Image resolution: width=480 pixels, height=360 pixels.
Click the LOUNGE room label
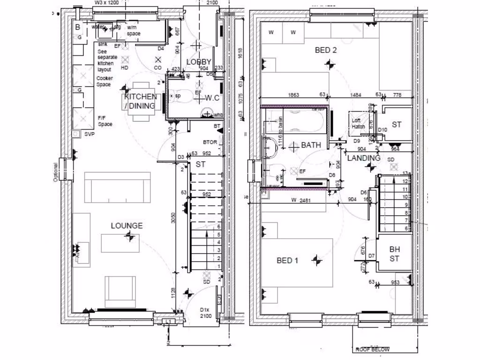(x=127, y=225)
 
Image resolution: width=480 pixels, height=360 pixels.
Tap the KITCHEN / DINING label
(x=140, y=101)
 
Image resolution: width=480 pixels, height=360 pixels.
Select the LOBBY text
(x=199, y=62)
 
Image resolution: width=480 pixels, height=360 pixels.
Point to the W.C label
(x=212, y=98)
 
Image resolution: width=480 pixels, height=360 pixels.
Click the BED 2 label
(x=325, y=50)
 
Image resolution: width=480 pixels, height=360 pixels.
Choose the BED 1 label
(x=287, y=260)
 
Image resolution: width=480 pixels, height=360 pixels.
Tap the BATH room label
(x=311, y=145)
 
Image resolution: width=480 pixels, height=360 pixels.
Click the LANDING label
(x=364, y=158)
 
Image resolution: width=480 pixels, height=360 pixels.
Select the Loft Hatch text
(x=358, y=123)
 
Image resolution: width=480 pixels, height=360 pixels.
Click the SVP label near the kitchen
(x=89, y=134)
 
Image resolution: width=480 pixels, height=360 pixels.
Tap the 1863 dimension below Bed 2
(x=293, y=95)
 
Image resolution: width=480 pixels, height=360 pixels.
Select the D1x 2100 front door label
(x=206, y=313)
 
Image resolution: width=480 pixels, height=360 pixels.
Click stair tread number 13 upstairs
(x=406, y=173)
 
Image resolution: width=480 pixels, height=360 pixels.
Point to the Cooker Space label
(x=104, y=82)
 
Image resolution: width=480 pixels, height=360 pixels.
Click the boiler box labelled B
(x=77, y=27)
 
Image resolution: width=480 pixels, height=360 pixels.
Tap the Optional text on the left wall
(x=55, y=172)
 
